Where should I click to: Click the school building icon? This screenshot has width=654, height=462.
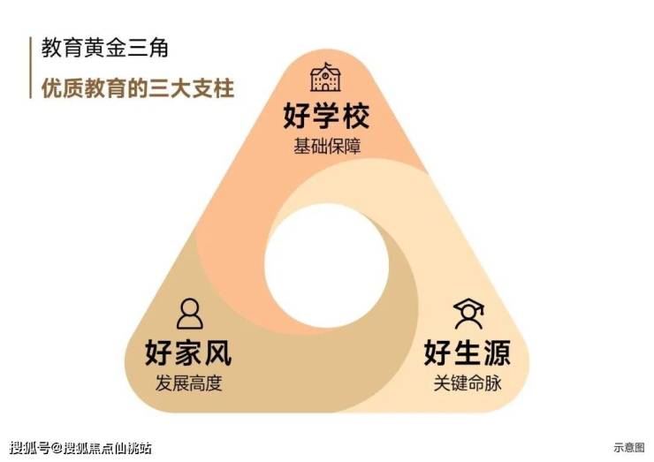325,77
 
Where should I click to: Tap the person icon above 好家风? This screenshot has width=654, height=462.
189,314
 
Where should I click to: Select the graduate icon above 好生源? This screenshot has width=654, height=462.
468,314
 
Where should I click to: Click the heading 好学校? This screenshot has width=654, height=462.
326,116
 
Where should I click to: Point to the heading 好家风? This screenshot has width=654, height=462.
188,352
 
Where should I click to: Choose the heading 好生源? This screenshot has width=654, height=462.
468,352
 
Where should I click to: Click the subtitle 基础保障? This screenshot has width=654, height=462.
327,147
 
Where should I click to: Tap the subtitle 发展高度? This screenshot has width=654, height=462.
188,383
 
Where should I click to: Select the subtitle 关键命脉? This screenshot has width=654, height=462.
468,383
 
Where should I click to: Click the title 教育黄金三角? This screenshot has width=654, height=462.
104,48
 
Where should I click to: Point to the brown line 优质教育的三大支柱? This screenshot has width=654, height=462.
138,88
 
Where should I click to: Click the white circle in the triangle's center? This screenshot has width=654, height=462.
327,266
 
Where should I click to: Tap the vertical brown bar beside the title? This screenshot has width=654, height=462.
30,67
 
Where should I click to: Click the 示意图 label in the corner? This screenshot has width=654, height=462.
629,447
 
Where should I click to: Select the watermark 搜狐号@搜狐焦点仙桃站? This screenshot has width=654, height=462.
80,448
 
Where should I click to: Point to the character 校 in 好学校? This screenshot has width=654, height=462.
356,116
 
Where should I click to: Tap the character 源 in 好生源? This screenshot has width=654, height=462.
498,352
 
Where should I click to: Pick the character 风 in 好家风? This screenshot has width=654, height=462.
217,352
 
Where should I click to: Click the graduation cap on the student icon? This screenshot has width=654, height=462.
468,305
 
